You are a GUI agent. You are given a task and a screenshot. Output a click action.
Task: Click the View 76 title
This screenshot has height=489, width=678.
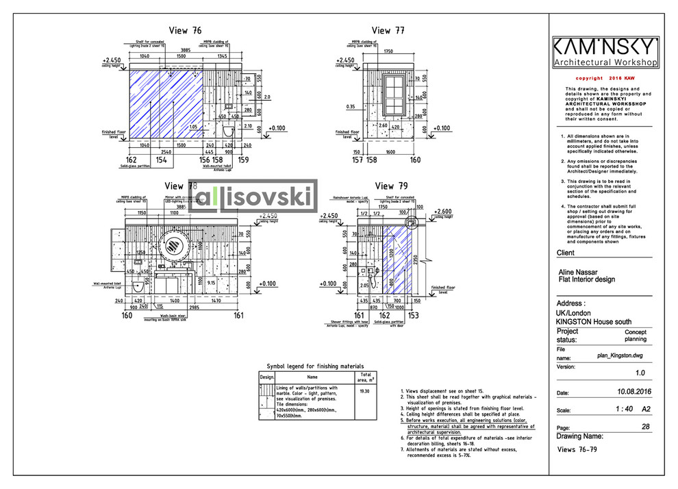tap(186, 31)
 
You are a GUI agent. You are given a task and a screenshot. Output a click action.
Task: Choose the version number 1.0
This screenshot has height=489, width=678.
tap(640, 373)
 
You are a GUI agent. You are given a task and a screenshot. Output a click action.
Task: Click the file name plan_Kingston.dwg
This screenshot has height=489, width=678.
tap(620, 356)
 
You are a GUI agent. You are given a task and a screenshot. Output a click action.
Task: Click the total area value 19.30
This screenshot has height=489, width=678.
tap(365, 391)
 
